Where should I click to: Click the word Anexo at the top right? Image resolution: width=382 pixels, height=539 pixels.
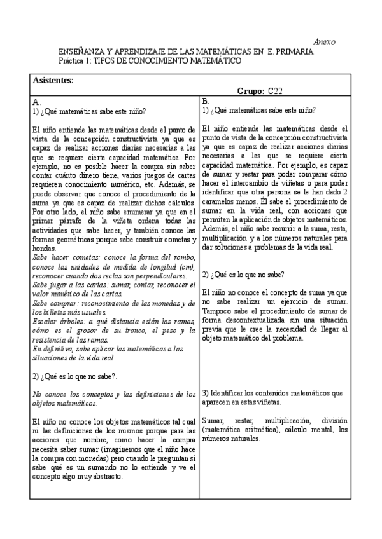325,41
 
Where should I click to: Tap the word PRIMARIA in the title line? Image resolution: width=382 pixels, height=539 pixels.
295,51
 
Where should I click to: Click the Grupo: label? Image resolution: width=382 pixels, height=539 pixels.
251,91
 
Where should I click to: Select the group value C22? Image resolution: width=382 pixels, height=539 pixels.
276,91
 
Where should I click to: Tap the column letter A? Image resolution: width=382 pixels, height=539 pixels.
36,101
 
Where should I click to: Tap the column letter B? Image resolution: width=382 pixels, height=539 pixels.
205,101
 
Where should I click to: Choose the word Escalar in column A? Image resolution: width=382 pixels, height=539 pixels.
45,322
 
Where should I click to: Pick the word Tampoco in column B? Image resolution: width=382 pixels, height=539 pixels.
217,311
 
